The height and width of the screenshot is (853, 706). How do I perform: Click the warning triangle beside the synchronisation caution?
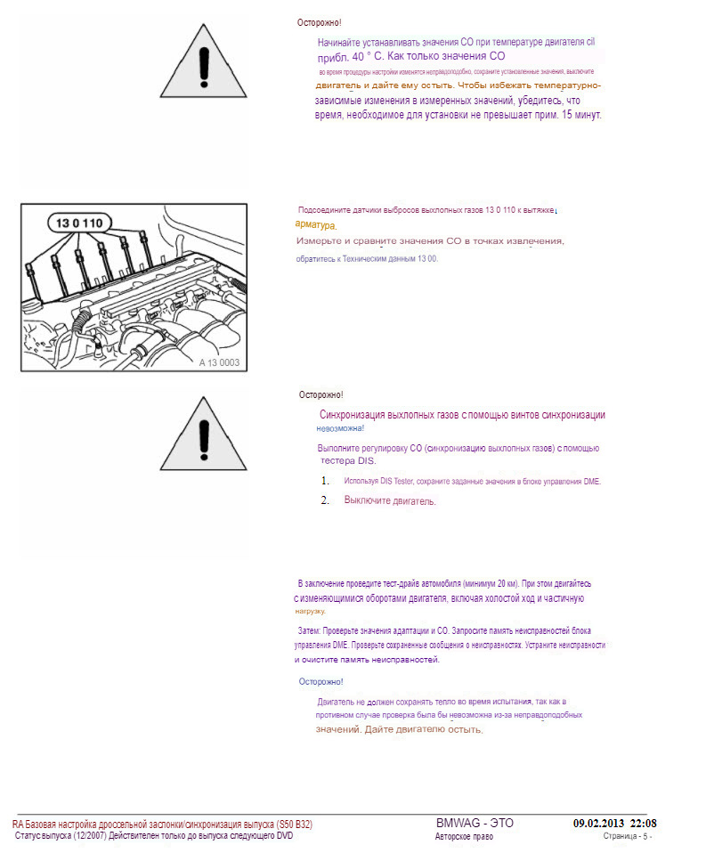[x=203, y=431]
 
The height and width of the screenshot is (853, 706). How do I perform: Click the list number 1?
[x=325, y=482]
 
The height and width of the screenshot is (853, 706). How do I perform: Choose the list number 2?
[x=325, y=500]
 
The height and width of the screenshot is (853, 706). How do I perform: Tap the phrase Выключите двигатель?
[x=390, y=500]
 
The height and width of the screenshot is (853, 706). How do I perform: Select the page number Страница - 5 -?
[x=628, y=837]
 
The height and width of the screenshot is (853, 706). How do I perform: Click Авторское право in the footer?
[x=464, y=837]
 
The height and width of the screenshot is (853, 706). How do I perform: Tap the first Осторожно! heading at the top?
[x=319, y=21]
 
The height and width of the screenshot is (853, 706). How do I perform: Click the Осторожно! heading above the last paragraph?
[x=321, y=682]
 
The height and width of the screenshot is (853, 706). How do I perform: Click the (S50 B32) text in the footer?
[x=294, y=824]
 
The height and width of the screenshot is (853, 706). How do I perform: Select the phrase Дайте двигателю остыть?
[x=424, y=729]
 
